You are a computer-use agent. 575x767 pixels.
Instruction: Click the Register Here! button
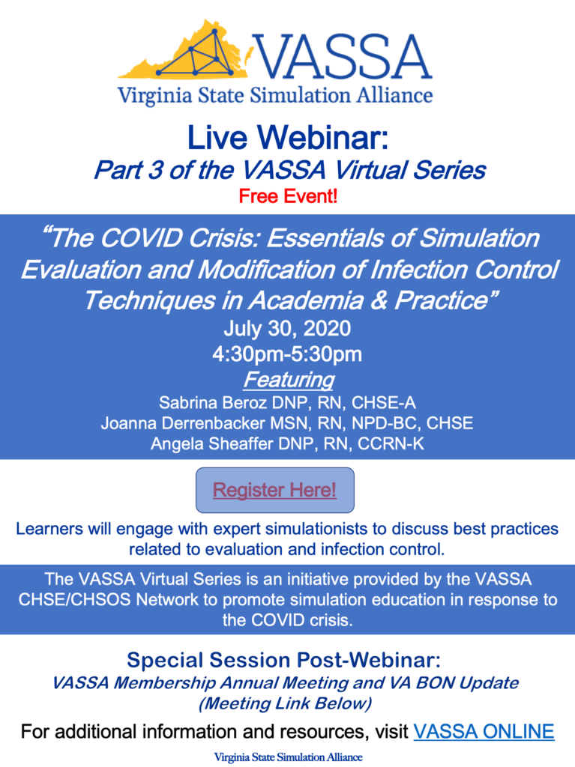pos(275,490)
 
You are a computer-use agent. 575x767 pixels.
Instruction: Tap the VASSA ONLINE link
pos(484,732)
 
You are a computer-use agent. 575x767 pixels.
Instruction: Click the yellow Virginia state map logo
pos(186,50)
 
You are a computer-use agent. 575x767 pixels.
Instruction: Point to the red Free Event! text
pos(288,196)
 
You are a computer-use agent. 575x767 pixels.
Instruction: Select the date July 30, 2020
pos(288,328)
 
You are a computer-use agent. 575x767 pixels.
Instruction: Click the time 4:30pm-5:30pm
pos(288,354)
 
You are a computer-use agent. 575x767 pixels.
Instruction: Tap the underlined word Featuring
pos(289,380)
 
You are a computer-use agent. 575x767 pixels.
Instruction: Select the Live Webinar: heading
pos(288,138)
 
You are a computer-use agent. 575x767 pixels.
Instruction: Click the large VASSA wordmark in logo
pos(343,57)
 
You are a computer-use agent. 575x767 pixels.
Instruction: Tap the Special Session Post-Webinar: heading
pos(283,661)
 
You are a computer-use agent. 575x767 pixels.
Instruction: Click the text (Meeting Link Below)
pos(285,703)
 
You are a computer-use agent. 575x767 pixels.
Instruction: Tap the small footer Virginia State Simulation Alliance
pos(288,757)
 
